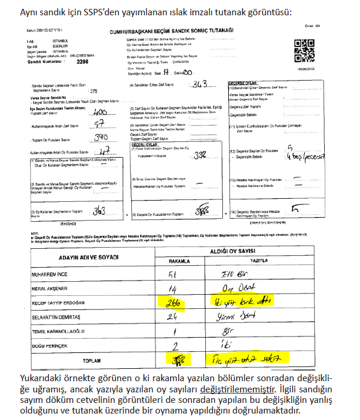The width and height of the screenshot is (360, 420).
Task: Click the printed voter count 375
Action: point(93,92)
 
